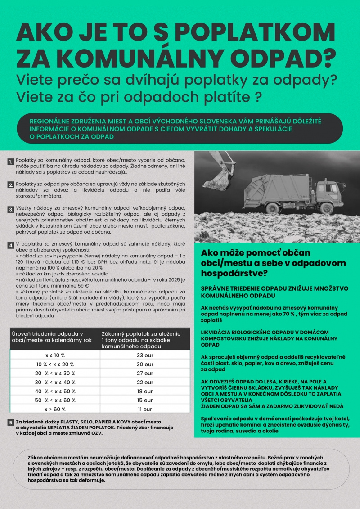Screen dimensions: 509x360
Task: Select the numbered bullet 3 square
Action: click(x=10, y=209)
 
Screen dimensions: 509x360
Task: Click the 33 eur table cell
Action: click(x=145, y=355)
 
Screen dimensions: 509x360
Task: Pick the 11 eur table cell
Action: click(x=145, y=409)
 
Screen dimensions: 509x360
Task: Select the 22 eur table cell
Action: click(x=145, y=382)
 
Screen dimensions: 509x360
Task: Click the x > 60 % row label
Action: click(x=55, y=409)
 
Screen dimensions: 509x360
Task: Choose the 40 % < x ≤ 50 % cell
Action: click(x=55, y=391)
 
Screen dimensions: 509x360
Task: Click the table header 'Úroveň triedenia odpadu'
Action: click(x=47, y=334)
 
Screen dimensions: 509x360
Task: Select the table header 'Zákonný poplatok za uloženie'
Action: click(x=141, y=334)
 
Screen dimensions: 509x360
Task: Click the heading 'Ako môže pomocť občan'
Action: click(x=256, y=253)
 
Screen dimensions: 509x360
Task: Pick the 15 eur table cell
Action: click(x=145, y=400)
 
